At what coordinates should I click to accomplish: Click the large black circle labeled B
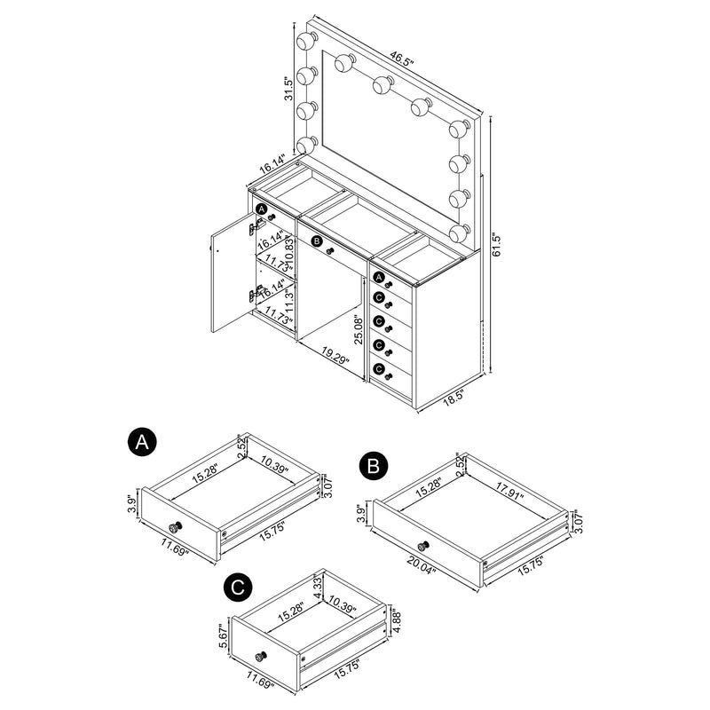point(374,466)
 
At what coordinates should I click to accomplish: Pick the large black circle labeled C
point(237,588)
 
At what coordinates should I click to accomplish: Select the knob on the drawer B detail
point(422,545)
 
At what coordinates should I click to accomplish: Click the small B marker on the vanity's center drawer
point(317,240)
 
